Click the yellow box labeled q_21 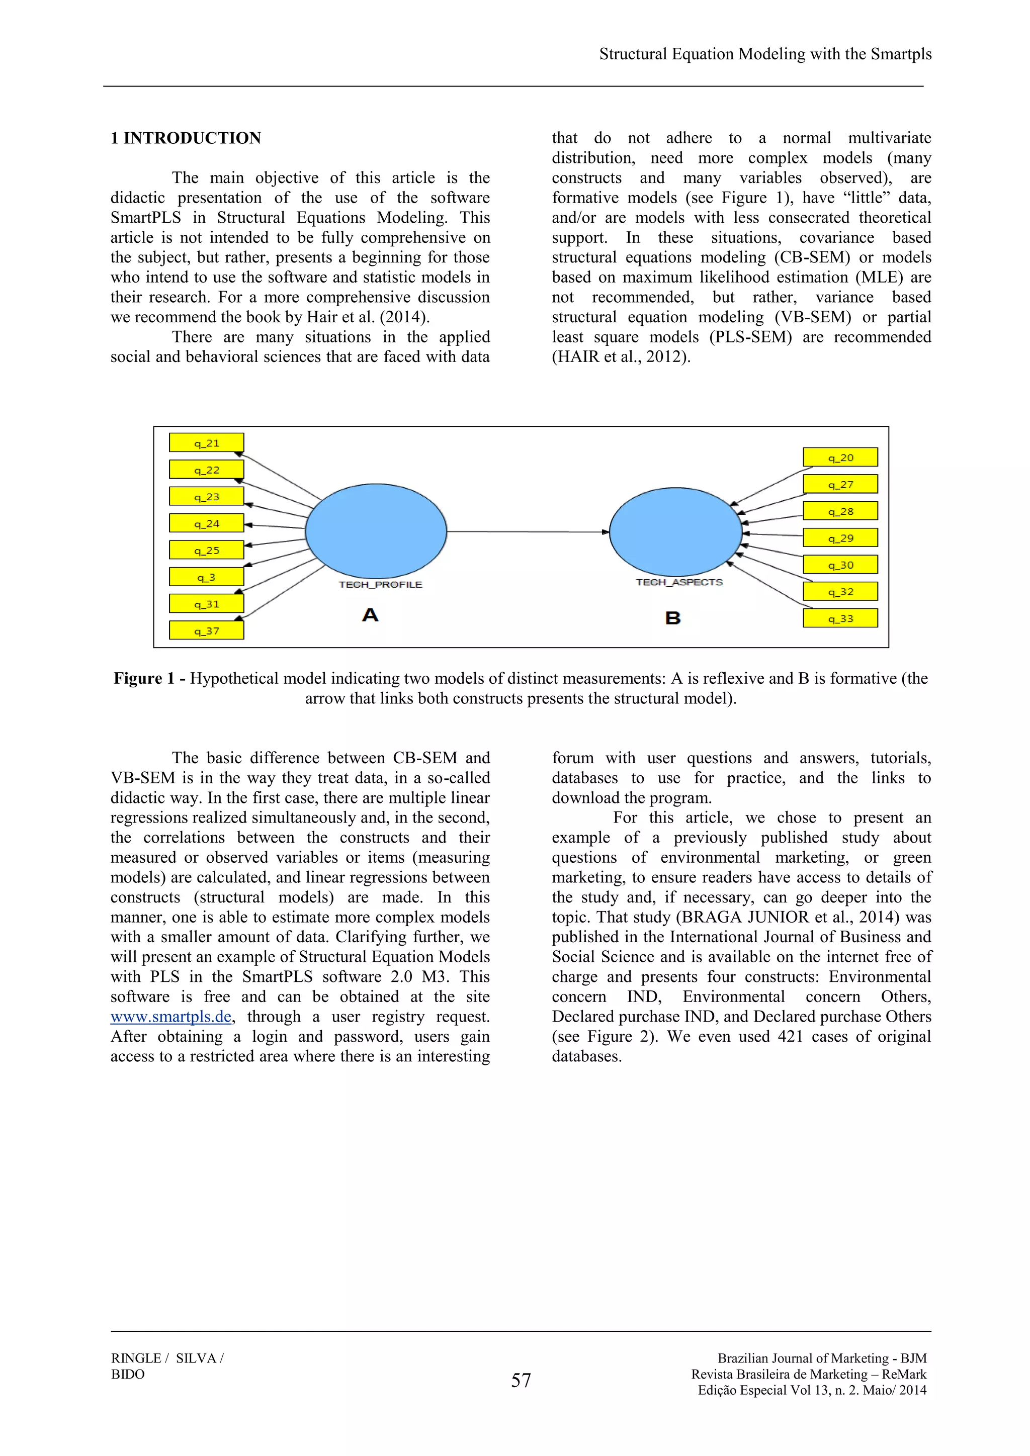206,442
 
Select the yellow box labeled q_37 206,630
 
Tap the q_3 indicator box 206,577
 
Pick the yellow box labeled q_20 840,457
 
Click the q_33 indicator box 840,618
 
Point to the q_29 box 840,538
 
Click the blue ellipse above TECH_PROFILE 376,531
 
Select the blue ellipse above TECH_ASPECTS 675,531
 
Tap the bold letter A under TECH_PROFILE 370,614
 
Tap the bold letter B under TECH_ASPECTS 673,618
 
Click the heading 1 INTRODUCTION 185,138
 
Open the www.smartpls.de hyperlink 170,1017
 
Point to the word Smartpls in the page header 901,54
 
